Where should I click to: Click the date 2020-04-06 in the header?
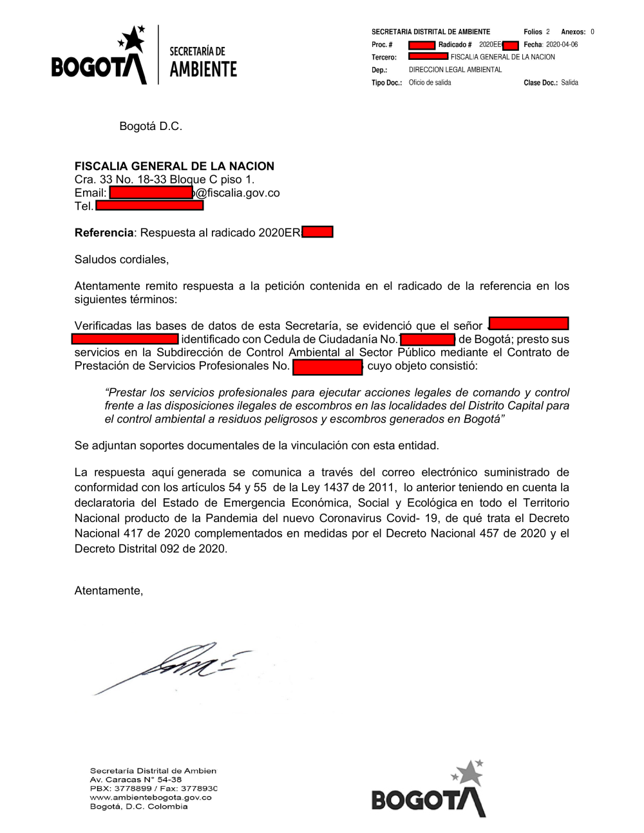point(562,44)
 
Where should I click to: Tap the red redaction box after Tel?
point(149,206)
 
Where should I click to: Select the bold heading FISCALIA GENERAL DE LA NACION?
point(175,166)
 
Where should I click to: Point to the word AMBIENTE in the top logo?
point(204,70)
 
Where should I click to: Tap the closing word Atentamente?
point(108,591)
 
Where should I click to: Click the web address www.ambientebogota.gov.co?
point(151,798)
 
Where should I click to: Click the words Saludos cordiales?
point(122,260)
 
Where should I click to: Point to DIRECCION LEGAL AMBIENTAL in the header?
point(455,70)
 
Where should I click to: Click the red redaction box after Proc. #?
point(422,45)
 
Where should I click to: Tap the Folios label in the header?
point(533,32)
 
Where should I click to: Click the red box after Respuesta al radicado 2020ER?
point(317,232)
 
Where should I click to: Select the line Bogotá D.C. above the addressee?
point(151,126)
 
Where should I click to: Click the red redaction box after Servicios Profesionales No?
point(328,367)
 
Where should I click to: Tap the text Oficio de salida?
point(430,82)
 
